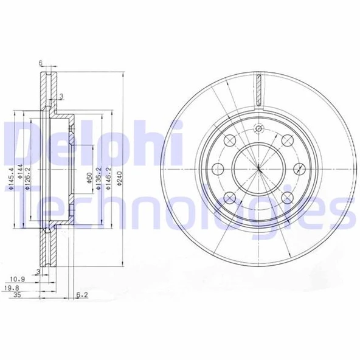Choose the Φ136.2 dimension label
coord(99,180)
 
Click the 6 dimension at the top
coord(40,63)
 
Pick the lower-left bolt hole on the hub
coord(230,198)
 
